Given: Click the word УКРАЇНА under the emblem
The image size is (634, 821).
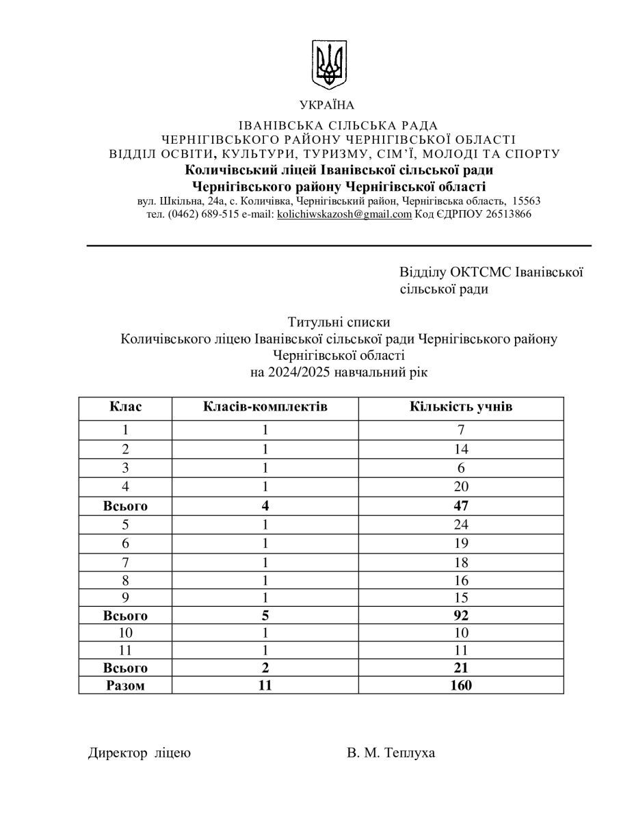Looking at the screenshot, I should [x=327, y=105].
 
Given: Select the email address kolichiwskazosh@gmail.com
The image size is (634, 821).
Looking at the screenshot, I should [x=344, y=214].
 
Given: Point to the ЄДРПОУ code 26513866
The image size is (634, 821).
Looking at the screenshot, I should [x=507, y=214].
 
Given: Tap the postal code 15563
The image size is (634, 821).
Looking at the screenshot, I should [x=526, y=201].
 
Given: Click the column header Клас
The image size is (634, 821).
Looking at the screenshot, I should [x=126, y=407].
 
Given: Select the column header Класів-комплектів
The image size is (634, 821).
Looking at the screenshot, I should [x=265, y=407].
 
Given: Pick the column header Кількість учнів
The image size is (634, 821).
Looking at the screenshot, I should [x=461, y=407].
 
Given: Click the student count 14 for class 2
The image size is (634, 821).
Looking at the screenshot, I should [x=461, y=449].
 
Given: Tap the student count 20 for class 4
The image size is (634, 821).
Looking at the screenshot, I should [x=461, y=487].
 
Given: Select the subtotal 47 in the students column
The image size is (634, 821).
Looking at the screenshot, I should [x=461, y=506].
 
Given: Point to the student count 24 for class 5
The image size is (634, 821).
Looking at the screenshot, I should [x=461, y=525].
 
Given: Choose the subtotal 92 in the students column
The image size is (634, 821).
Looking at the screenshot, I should [x=461, y=615].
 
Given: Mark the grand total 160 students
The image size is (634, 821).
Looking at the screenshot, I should [x=461, y=685].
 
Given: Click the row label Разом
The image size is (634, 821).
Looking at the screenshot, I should [x=126, y=685].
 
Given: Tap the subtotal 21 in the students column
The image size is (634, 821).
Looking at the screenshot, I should [x=461, y=667].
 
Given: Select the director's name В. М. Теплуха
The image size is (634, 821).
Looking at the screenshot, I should [x=391, y=753].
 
